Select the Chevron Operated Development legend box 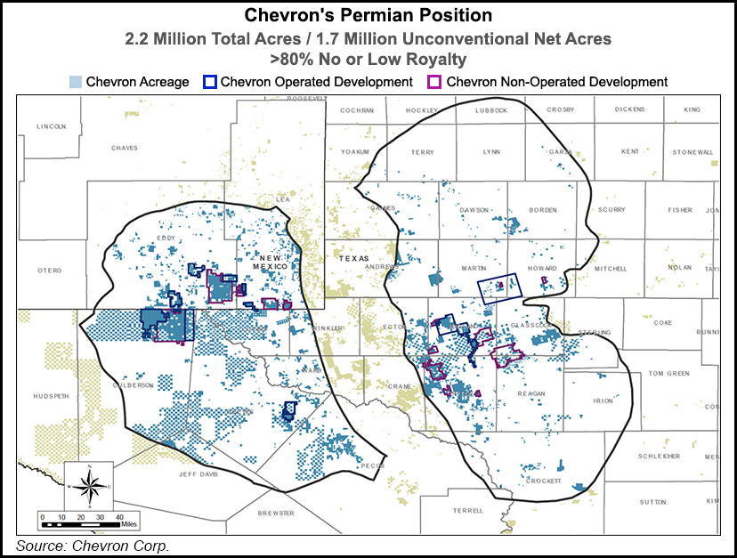[x=210, y=82]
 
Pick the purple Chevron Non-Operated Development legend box [x=435, y=82]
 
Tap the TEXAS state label [x=353, y=257]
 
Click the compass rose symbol [x=89, y=486]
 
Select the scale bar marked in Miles [x=85, y=517]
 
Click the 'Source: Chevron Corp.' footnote [x=93, y=545]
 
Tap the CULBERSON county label [x=134, y=384]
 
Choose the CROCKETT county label [x=543, y=481]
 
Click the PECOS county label [x=371, y=465]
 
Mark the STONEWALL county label [x=693, y=152]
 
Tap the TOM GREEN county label [x=668, y=373]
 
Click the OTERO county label [x=49, y=270]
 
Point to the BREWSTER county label [x=276, y=514]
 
